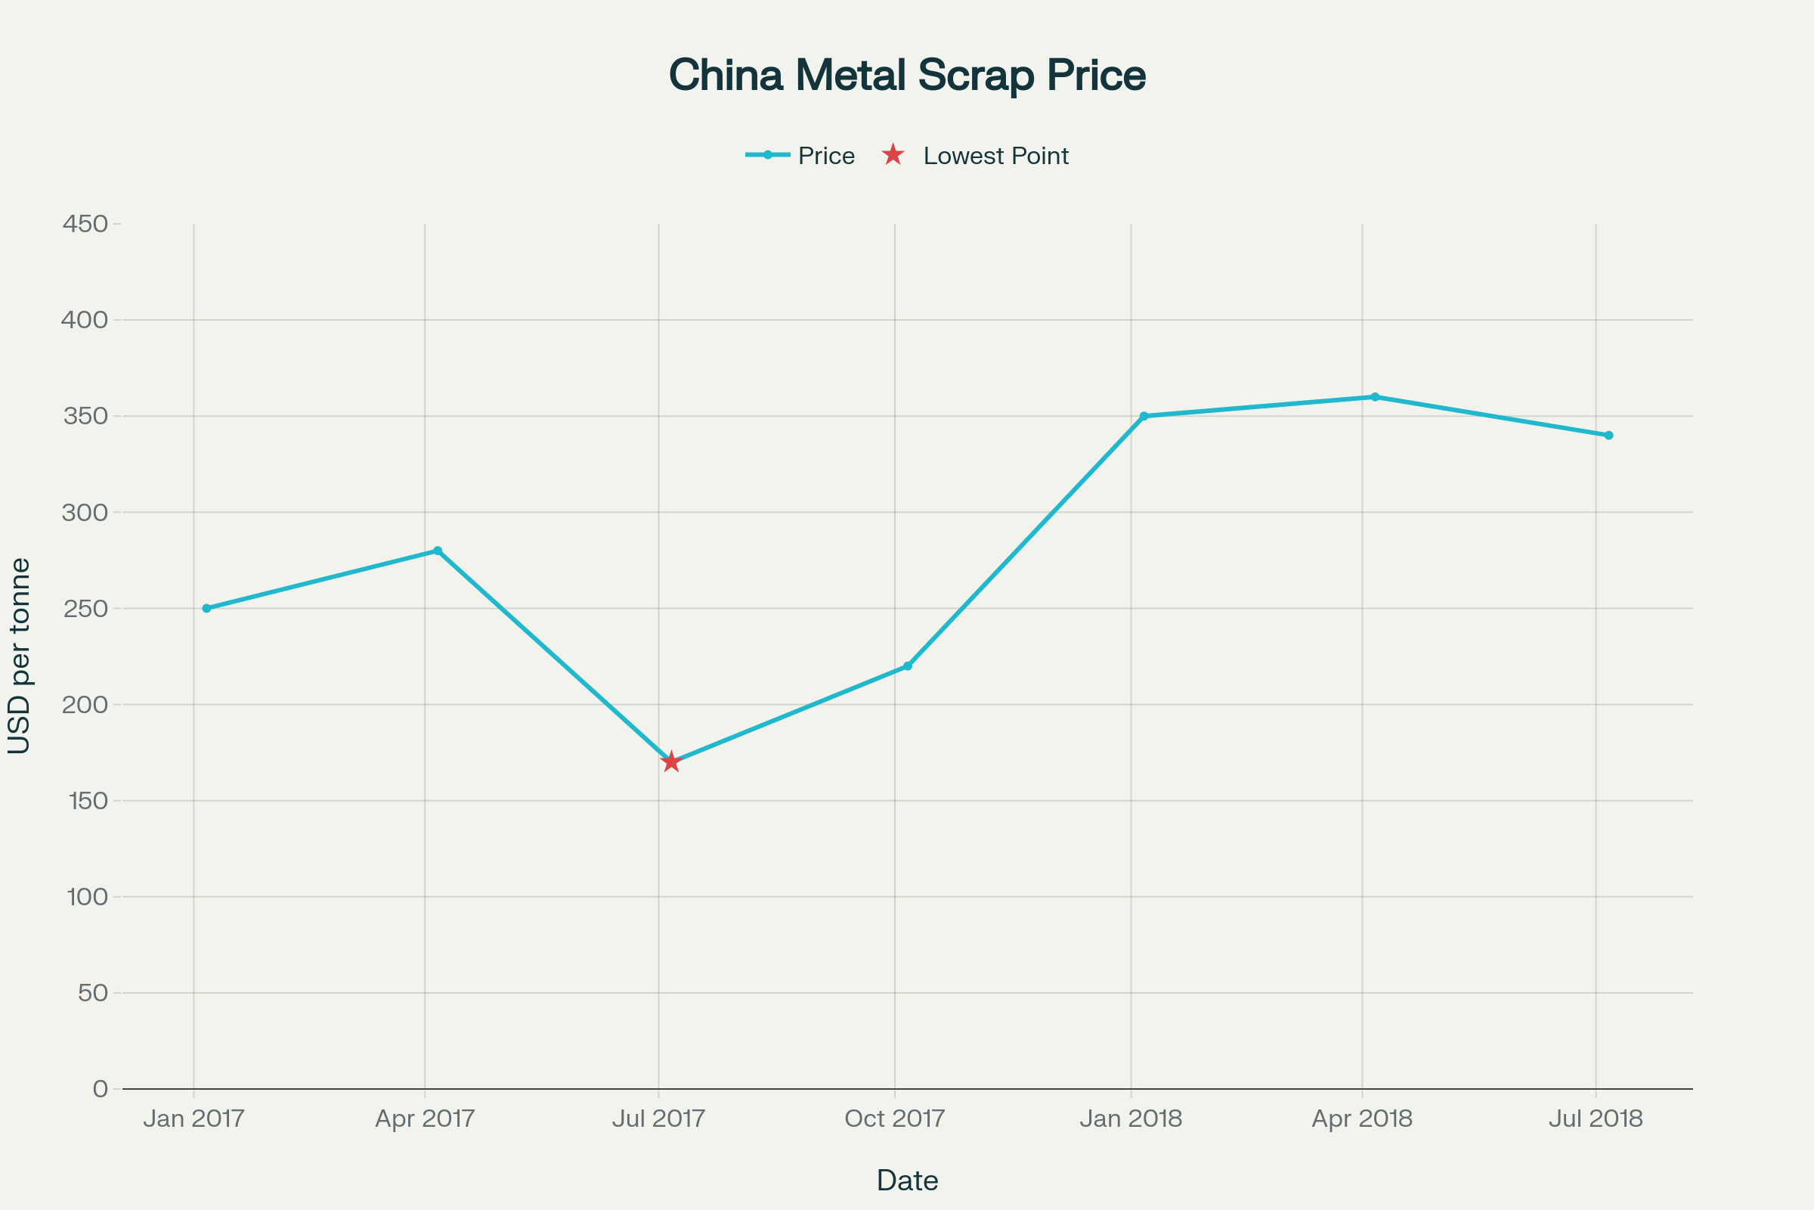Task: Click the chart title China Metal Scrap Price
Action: (907, 75)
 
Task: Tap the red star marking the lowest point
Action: (671, 762)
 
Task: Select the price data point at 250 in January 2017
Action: (206, 608)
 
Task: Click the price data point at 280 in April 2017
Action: (438, 551)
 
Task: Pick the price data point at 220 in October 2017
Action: (907, 666)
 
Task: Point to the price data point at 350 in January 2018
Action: (1144, 416)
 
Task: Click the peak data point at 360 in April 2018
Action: (1375, 396)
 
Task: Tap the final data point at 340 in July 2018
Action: (1609, 436)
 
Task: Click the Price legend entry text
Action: (826, 156)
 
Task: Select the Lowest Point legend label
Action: (995, 156)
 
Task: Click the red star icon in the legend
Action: (893, 155)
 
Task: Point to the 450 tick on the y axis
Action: (85, 224)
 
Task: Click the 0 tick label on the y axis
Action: (101, 1089)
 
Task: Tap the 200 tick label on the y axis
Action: (85, 705)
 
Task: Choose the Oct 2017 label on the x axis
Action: (895, 1119)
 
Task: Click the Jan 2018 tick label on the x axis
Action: (1131, 1119)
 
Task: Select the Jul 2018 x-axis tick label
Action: (1596, 1119)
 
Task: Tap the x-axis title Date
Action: (907, 1181)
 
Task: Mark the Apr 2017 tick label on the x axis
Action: (425, 1119)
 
